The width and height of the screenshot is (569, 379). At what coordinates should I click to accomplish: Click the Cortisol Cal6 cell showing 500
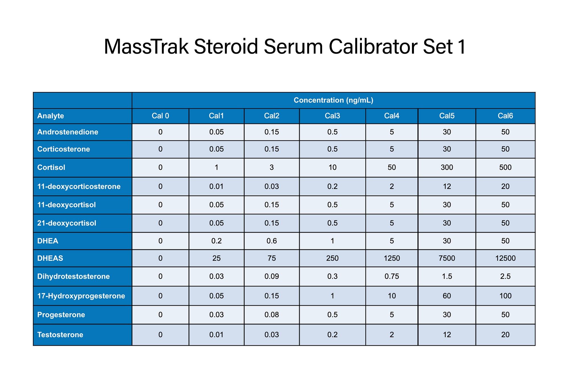click(x=505, y=167)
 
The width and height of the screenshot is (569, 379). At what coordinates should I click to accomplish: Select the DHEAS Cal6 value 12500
click(x=505, y=258)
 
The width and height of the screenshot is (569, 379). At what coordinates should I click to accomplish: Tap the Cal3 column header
click(x=332, y=116)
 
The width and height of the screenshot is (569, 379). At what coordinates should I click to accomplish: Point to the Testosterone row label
click(x=60, y=335)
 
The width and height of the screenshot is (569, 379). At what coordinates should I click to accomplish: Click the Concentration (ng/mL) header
click(x=333, y=100)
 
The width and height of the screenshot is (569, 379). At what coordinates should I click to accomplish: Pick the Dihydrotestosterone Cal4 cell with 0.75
click(x=392, y=276)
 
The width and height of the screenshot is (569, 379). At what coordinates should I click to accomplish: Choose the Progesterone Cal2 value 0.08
click(x=272, y=315)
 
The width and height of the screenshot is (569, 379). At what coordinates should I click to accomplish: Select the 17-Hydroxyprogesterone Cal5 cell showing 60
click(x=447, y=296)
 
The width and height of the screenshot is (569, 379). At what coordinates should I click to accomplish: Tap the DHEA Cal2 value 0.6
click(x=272, y=241)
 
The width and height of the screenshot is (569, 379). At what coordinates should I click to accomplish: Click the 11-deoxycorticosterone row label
click(x=79, y=187)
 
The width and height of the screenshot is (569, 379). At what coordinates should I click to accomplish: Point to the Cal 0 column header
click(x=160, y=116)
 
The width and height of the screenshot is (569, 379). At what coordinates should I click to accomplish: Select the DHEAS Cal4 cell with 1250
click(x=392, y=258)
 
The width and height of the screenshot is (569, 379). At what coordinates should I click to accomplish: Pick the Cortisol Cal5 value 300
click(x=447, y=167)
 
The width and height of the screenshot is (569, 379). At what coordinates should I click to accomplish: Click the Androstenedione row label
click(x=68, y=132)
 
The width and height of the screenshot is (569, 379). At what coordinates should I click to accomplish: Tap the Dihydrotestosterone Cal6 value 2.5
click(x=505, y=276)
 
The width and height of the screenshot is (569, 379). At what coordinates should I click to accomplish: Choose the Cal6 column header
click(x=505, y=116)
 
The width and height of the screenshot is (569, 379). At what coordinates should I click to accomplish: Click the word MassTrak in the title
click(x=146, y=46)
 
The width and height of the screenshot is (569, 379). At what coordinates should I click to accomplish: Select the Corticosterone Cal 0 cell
click(x=160, y=149)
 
